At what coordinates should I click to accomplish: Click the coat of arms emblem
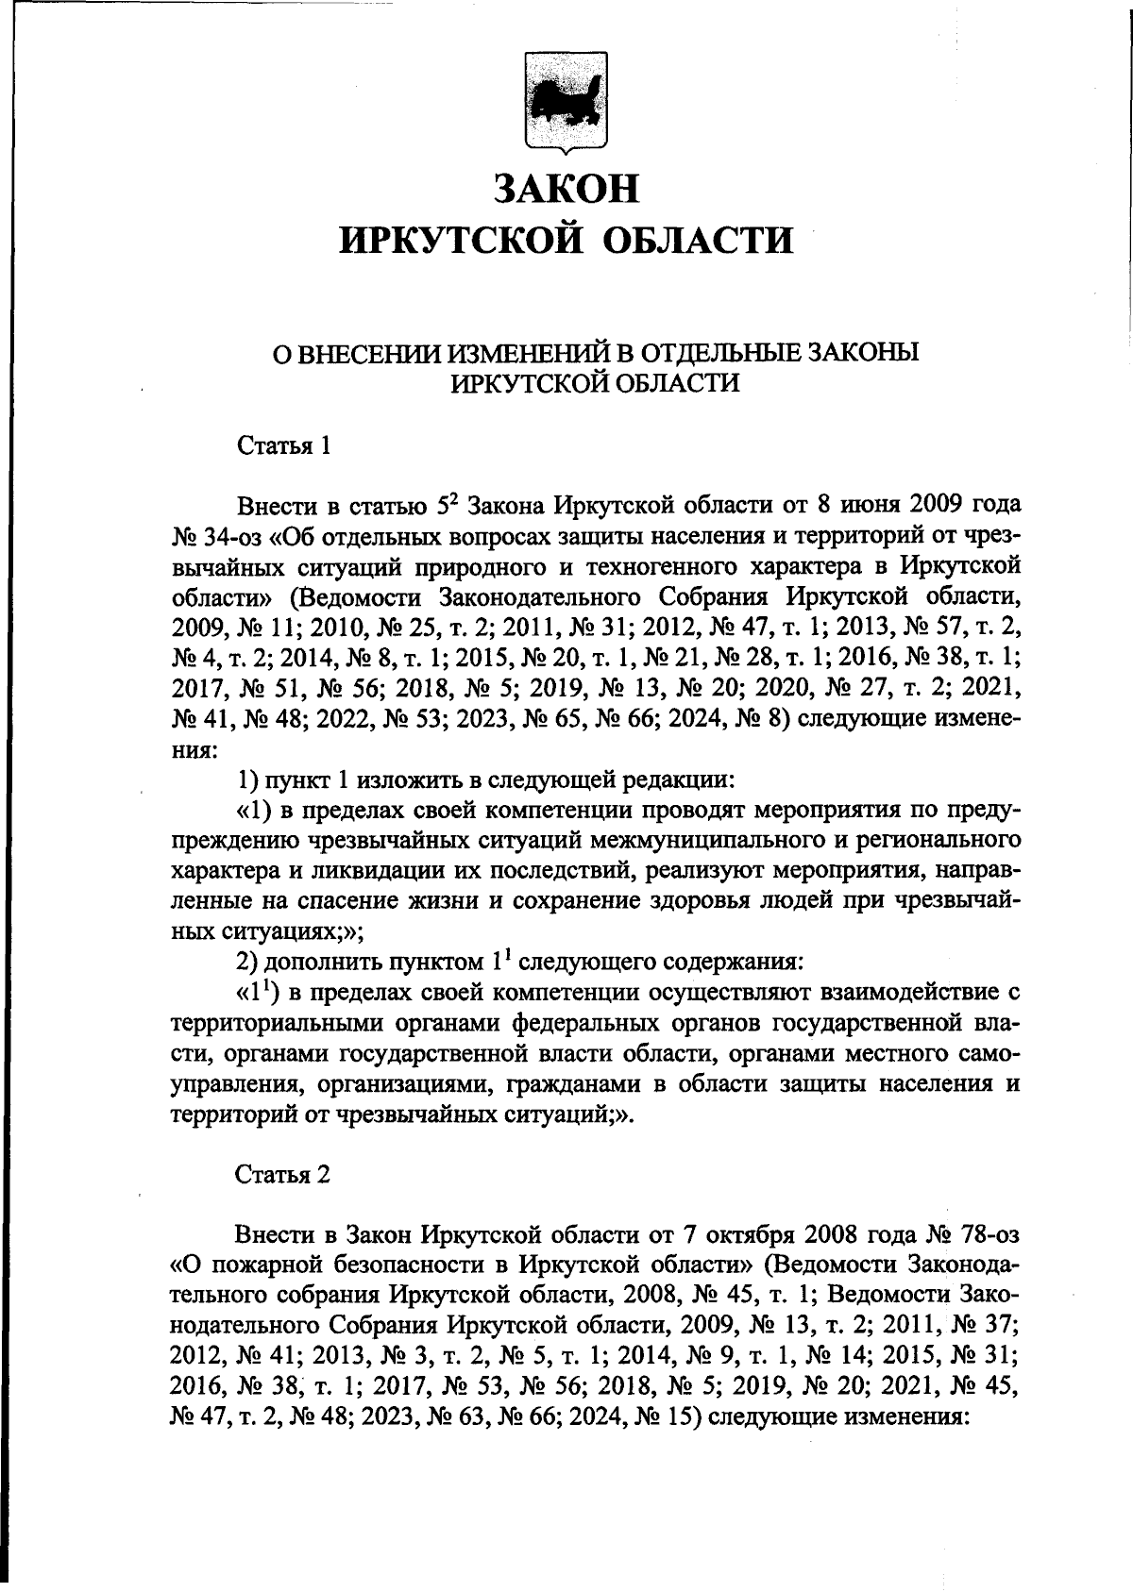[566, 106]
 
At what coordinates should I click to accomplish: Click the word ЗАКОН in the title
[566, 187]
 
